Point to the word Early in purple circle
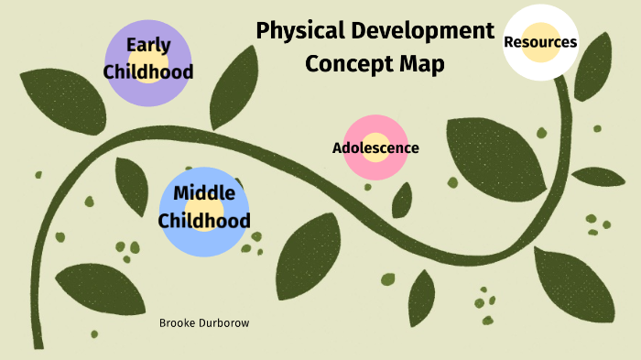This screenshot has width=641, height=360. tap(148, 45)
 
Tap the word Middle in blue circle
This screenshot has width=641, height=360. tap(203, 193)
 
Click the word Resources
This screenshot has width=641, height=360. tap(540, 41)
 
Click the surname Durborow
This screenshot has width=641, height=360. tap(225, 323)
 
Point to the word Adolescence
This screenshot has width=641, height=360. tap(375, 147)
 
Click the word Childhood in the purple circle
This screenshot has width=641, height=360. tap(148, 71)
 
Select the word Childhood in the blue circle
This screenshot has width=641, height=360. tap(203, 221)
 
